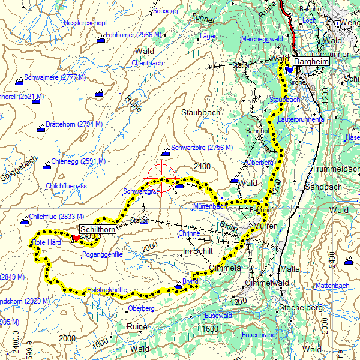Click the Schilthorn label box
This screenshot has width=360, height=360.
(x=97, y=229)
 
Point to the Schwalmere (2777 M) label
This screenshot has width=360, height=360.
(x=52, y=78)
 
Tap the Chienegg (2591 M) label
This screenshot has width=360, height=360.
(x=78, y=161)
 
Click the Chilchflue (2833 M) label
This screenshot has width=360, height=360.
(x=56, y=216)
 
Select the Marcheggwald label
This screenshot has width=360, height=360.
(x=262, y=39)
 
